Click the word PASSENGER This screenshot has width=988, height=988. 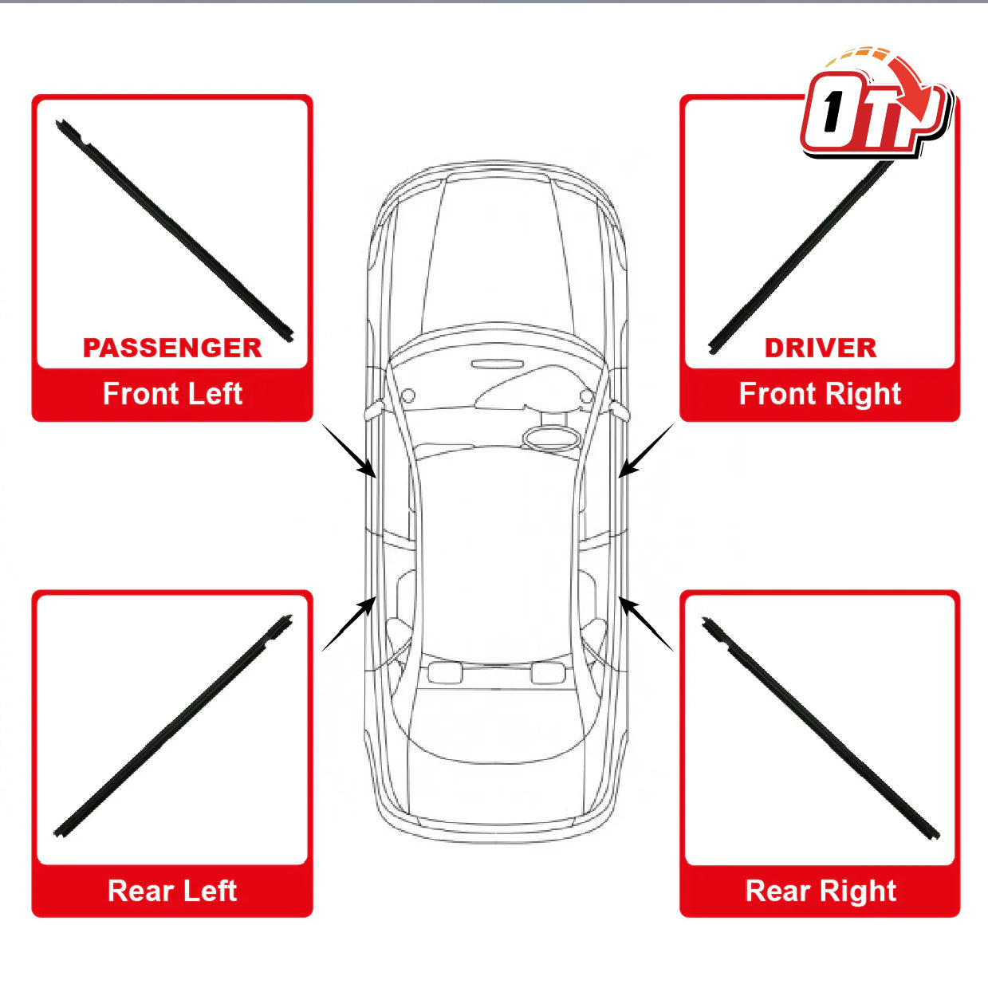point(172,348)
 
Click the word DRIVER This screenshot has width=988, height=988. point(821,348)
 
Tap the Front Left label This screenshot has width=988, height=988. point(172,394)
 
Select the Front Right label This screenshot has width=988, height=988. point(820,395)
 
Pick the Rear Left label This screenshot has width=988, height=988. point(172,891)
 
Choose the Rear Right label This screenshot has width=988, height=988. point(821,892)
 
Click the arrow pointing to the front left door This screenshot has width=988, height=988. point(348,451)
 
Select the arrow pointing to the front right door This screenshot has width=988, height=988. point(646,451)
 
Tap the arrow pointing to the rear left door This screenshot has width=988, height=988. point(348,624)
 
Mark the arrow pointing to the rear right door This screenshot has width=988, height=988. point(646,624)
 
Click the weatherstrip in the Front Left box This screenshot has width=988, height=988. point(175,230)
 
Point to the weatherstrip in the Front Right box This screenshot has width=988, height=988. point(800,256)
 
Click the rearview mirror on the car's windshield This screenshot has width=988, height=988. point(497,364)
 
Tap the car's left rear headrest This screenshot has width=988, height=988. point(444,673)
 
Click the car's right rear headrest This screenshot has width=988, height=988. point(549,673)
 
